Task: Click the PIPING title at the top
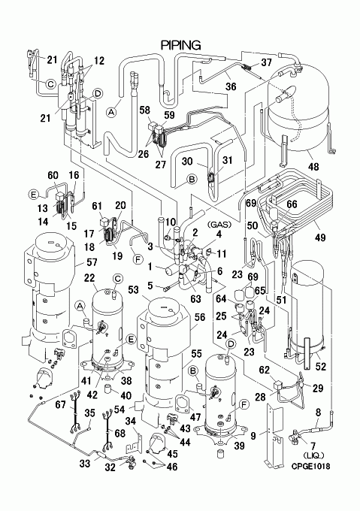point(181,45)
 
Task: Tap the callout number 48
point(313,167)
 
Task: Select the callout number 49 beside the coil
point(320,237)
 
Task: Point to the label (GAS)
point(219,225)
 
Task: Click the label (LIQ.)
point(313,455)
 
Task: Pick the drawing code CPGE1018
point(310,467)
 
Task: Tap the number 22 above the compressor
point(89,277)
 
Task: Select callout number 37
point(266,62)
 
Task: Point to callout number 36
point(231,86)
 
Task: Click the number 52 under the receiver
point(321,366)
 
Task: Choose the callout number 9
point(253,435)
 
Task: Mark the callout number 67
point(61,404)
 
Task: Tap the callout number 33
point(85,463)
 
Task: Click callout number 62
point(265,370)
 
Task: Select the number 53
point(133,289)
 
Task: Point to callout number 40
point(126,395)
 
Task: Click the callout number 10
point(170,222)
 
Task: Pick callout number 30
point(187,161)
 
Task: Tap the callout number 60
point(53,175)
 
